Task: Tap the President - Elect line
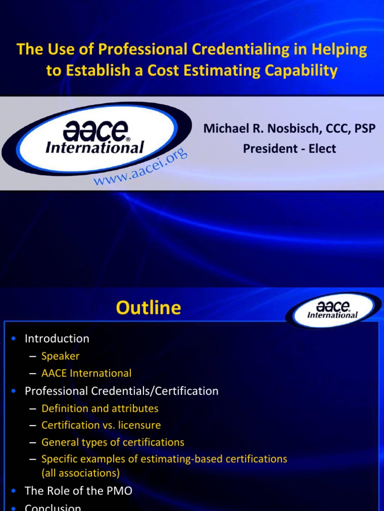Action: pyautogui.click(x=289, y=149)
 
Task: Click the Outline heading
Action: pyautogui.click(x=148, y=308)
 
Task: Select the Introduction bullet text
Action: pyautogui.click(x=57, y=338)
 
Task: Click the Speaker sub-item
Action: pyautogui.click(x=60, y=356)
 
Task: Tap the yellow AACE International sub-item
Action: pyautogui.click(x=86, y=373)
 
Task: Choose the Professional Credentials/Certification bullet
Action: pyautogui.click(x=121, y=391)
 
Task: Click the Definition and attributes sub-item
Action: pyautogui.click(x=100, y=408)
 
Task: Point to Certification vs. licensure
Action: pyautogui.click(x=101, y=425)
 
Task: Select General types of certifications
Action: pyautogui.click(x=113, y=442)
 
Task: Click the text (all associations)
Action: pyautogui.click(x=80, y=472)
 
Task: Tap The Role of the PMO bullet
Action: pyautogui.click(x=78, y=491)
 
